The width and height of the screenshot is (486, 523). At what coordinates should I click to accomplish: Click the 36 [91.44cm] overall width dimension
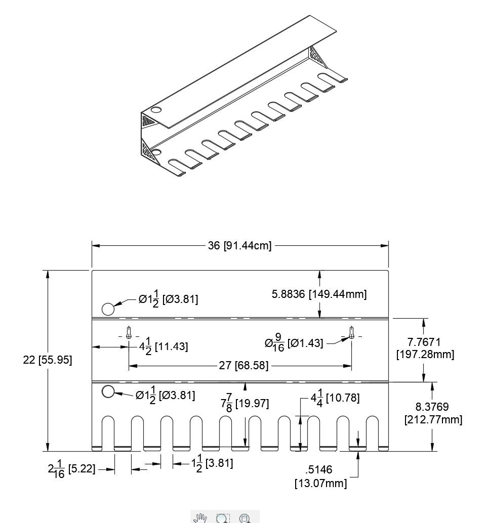[239, 246]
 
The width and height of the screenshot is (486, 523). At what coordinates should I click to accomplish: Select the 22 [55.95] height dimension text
[48, 360]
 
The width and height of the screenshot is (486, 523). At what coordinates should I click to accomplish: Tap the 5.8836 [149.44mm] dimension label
[319, 294]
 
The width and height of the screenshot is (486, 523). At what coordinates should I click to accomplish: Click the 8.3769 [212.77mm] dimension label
[433, 413]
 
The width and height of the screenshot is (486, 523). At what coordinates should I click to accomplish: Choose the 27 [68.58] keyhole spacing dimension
[244, 365]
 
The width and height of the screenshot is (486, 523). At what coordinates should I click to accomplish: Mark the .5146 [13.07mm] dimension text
[321, 476]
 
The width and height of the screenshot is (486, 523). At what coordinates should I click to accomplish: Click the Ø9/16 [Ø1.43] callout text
[294, 343]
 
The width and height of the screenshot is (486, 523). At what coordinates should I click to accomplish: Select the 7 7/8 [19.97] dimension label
[245, 404]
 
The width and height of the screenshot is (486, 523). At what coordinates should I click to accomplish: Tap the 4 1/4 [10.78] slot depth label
[335, 398]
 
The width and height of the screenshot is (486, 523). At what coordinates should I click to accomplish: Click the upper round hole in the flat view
[108, 309]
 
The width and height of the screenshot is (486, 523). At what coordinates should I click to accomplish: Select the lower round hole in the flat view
[108, 391]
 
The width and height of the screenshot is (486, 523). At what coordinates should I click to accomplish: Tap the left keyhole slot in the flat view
[129, 333]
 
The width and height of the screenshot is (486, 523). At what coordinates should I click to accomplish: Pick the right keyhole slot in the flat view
[351, 333]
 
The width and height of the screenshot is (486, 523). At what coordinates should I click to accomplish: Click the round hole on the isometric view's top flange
[155, 110]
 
